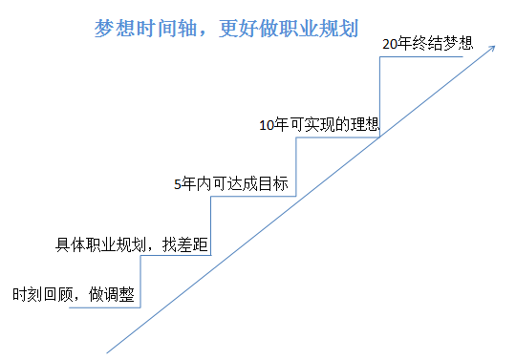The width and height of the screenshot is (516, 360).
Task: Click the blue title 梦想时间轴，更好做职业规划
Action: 226,28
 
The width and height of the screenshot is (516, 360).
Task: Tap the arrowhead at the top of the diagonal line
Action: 493,45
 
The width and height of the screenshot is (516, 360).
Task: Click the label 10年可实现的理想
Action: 319,123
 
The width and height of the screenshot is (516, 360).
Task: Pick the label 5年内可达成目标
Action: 231,184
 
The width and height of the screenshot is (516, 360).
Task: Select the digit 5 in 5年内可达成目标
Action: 177,184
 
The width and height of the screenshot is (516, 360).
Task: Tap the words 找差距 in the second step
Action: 189,244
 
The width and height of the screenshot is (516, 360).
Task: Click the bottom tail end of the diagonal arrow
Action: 109,350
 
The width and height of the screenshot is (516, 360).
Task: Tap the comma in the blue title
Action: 196,31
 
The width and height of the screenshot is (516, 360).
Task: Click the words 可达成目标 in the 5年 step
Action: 248,184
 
